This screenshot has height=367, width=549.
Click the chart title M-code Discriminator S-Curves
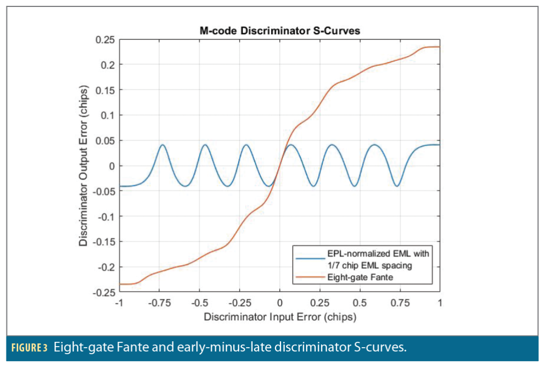pyautogui.click(x=279, y=31)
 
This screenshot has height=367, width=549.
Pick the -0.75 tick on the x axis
pyautogui.click(x=159, y=303)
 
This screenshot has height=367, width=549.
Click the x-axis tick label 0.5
pyautogui.click(x=360, y=303)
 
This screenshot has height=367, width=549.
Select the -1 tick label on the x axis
pyautogui.click(x=119, y=303)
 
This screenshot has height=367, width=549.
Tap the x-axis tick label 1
pyautogui.click(x=440, y=303)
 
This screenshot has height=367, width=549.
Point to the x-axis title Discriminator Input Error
pyautogui.click(x=279, y=317)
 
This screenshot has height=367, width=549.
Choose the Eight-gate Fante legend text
pyautogui.click(x=360, y=277)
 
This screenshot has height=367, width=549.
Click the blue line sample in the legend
pyautogui.click(x=309, y=258)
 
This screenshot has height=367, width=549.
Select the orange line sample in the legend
pyautogui.click(x=309, y=277)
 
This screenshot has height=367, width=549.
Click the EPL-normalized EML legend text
pyautogui.click(x=379, y=253)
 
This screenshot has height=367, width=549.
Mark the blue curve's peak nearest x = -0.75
pyautogui.click(x=162, y=145)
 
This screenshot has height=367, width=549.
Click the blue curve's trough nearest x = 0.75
pyautogui.click(x=397, y=186)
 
